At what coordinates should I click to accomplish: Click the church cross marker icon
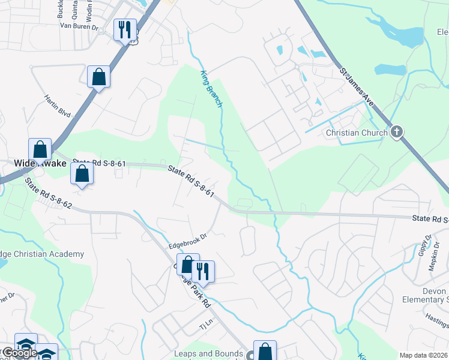point(396,132)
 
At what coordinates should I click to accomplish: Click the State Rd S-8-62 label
point(48,197)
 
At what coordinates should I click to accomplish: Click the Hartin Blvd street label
point(58,105)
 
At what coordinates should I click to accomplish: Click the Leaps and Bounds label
point(208,353)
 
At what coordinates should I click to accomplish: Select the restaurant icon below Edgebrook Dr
point(203,272)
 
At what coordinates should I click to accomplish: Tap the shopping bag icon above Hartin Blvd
point(98,77)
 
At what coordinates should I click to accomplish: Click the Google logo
point(20,353)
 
